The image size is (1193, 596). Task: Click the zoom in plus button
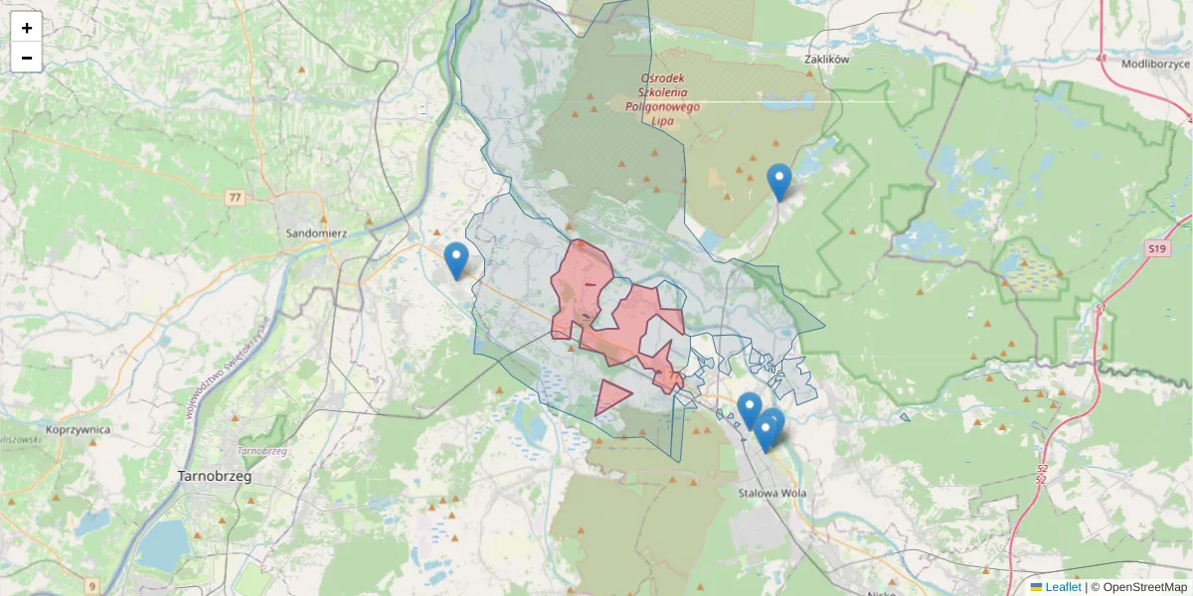tap(26, 28)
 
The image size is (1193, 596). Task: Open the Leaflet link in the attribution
tap(1063, 587)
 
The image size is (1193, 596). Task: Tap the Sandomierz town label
tap(316, 233)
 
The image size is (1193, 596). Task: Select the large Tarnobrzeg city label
tap(214, 476)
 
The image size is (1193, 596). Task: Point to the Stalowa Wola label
tap(772, 493)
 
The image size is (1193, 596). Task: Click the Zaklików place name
tap(826, 60)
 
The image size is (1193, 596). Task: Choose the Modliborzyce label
tap(1155, 64)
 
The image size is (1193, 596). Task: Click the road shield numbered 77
tap(235, 198)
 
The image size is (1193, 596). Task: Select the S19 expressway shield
tap(1154, 248)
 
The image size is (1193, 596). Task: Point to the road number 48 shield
tap(1101, 59)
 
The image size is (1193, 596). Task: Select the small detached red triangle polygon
tap(608, 396)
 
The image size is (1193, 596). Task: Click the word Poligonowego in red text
tap(662, 106)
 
